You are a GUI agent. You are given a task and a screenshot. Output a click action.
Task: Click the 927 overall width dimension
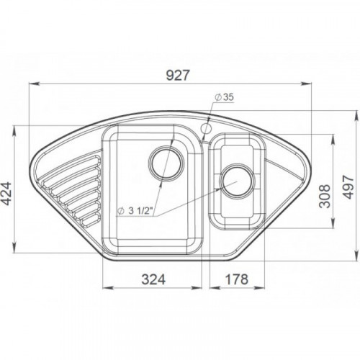(x=178, y=76)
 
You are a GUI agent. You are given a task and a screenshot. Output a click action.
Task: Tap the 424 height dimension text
(x=6, y=194)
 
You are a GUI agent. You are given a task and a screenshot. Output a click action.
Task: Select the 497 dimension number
(x=348, y=187)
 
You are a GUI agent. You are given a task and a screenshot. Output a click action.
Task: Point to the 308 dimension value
(x=325, y=196)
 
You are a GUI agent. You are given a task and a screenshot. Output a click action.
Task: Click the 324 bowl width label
(x=153, y=279)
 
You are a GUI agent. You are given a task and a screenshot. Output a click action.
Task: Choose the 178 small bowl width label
(x=237, y=279)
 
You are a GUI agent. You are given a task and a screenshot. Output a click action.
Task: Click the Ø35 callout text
(x=225, y=97)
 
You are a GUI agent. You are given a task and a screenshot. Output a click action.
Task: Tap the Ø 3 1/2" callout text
(x=135, y=211)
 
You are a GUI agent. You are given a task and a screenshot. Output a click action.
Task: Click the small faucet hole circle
(x=205, y=128)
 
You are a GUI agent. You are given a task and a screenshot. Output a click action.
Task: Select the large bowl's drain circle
(x=166, y=163)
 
